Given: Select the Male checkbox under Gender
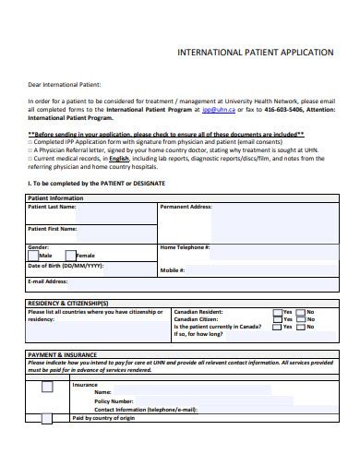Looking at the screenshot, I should tap(33, 255).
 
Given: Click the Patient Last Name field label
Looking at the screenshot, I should tap(54, 208).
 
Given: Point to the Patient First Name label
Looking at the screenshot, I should tap(54, 227).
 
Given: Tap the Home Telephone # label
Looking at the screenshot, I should tap(186, 247).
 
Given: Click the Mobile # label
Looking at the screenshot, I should tap(174, 269).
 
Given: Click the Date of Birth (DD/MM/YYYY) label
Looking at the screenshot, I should tap(66, 265).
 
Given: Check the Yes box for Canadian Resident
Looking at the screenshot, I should tap(278, 312).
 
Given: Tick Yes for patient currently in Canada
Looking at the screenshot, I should tap(278, 327).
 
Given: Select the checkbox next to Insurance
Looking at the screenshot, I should tap(47, 388).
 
